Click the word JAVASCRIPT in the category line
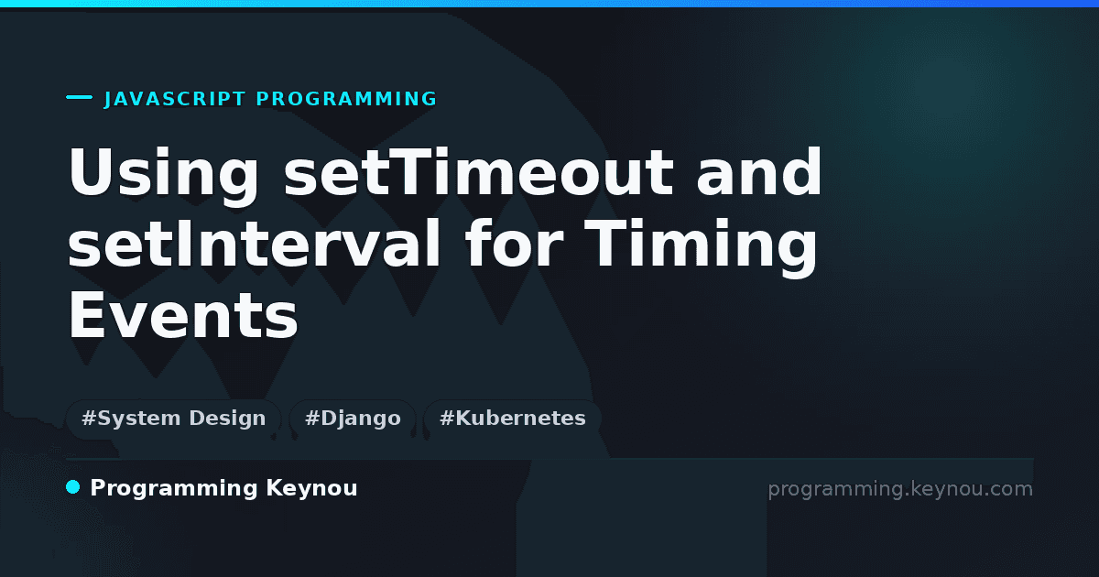click(x=174, y=99)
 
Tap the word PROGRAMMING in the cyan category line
click(x=346, y=99)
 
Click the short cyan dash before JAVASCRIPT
click(x=79, y=97)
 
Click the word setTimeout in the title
click(x=479, y=172)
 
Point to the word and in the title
click(x=759, y=172)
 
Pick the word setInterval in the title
click(x=255, y=244)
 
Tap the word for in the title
click(x=514, y=244)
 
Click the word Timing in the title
click(x=702, y=248)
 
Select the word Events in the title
click(x=183, y=315)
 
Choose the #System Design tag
click(x=174, y=419)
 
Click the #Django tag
click(x=353, y=419)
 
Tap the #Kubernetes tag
click(x=513, y=419)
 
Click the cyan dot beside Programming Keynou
click(x=73, y=487)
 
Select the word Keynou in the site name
click(x=311, y=489)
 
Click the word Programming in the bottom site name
click(x=174, y=489)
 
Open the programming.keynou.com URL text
click(x=900, y=490)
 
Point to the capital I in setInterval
click(x=182, y=244)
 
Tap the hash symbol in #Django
click(x=312, y=419)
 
